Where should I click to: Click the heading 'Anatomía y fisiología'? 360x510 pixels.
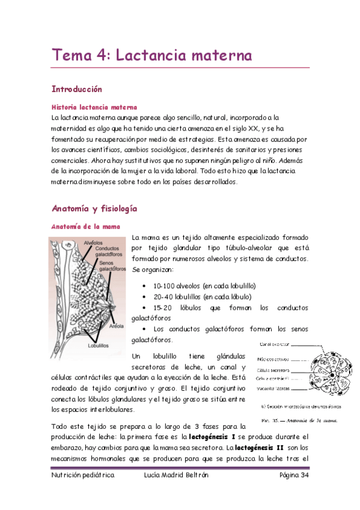94,209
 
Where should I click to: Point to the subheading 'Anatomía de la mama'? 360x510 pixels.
85,227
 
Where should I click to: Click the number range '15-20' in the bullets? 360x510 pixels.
163,307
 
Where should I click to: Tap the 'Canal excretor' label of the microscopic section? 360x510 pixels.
274,345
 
